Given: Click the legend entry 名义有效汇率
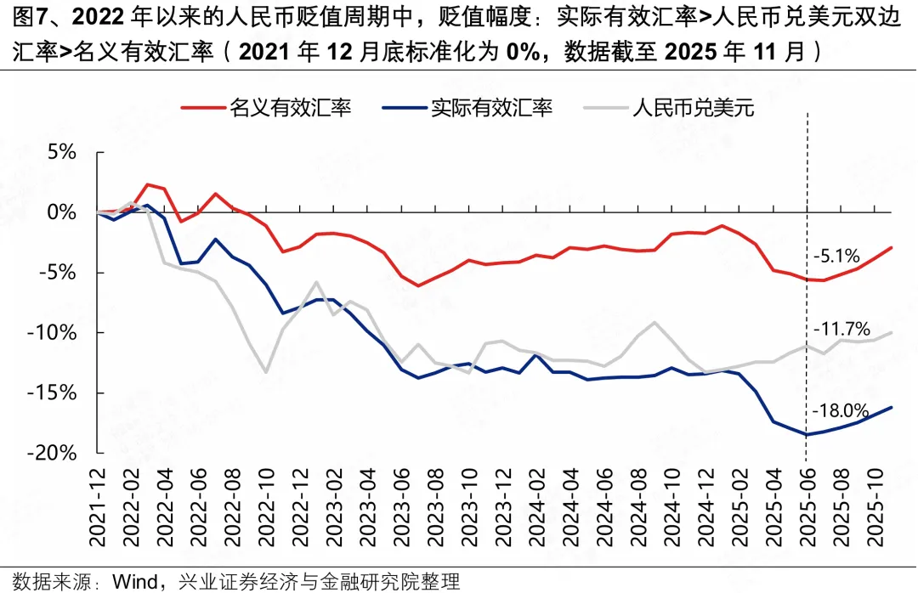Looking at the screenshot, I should [x=290, y=108].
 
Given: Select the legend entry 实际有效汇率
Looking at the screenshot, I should [x=491, y=108].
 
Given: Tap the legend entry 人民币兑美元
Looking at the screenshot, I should [x=694, y=108].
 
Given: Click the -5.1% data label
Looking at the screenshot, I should [x=836, y=255].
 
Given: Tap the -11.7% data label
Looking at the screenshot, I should [x=841, y=329].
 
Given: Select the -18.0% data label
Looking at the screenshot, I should [x=841, y=411].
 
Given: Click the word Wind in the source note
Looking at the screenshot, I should [x=133, y=582].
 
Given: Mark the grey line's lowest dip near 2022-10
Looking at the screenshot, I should [x=266, y=372].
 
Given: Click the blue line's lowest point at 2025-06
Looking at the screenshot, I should [x=806, y=434].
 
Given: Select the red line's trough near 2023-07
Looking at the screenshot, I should [x=418, y=285].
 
